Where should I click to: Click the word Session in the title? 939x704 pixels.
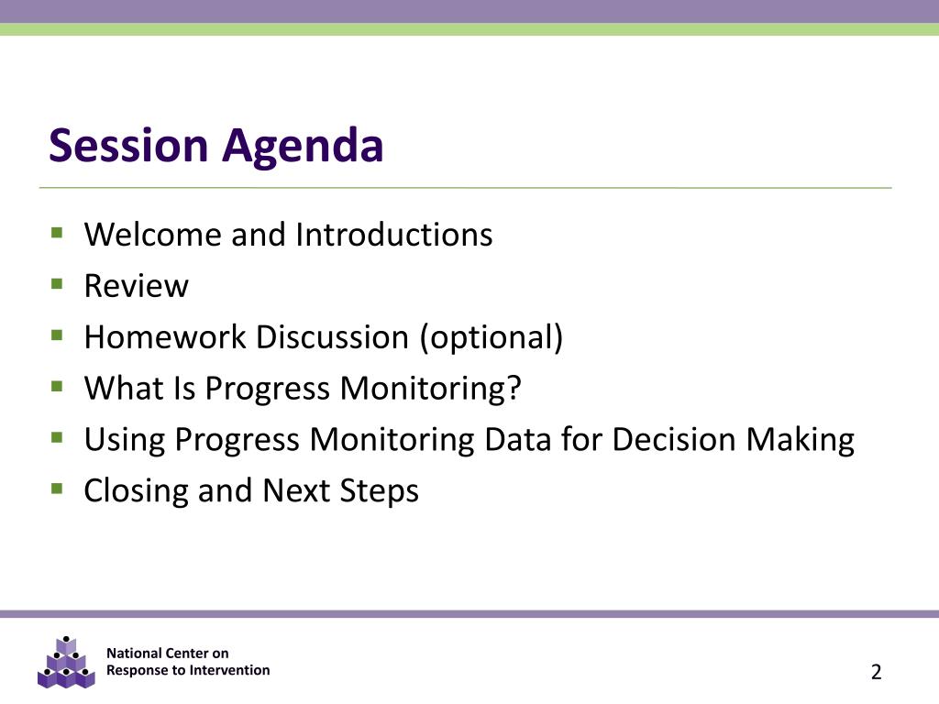pos(128,145)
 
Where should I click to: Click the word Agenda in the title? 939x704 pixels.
pos(303,148)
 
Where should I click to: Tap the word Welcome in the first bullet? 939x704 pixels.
pos(153,234)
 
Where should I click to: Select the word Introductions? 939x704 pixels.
pos(394,234)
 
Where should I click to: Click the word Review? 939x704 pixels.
pos(136,286)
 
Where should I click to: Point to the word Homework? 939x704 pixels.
pos(165,336)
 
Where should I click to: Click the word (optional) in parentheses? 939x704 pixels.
pos(492,337)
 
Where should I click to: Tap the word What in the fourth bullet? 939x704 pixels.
pos(124,388)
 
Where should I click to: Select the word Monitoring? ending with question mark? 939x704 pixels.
pos(431,389)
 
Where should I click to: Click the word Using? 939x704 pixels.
pos(124,441)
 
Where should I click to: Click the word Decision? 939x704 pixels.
pos(673,439)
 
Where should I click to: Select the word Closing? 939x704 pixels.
pos(136,492)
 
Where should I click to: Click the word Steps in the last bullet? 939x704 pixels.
pos(379,492)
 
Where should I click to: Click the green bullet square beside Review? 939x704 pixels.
pos(57,283)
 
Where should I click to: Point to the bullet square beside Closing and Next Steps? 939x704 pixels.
pos(57,489)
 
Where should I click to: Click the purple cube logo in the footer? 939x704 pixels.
pos(66,663)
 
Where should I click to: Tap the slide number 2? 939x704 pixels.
pos(876,672)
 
